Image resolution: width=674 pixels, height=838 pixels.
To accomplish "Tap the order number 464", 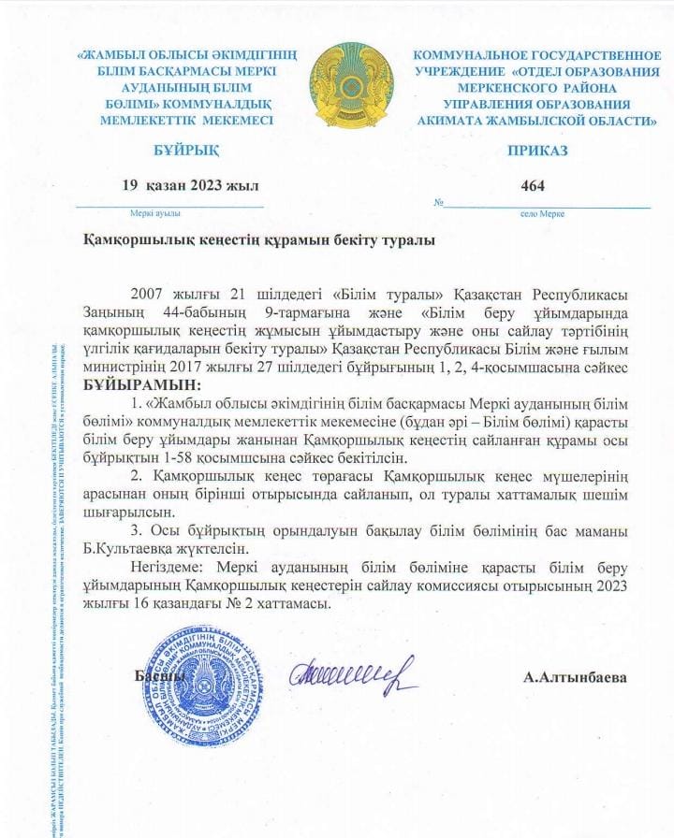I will (x=532, y=185).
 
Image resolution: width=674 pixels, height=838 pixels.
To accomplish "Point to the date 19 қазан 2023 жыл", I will (x=190, y=185).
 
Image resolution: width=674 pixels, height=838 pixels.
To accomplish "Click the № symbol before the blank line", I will (x=438, y=203).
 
